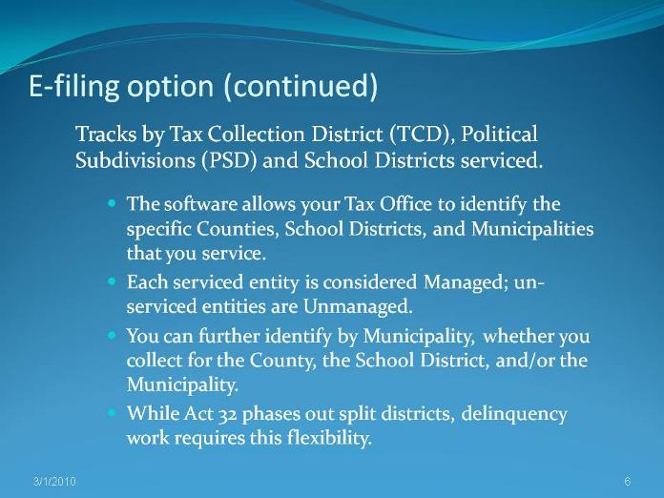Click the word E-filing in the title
point(74,87)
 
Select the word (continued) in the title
point(301,87)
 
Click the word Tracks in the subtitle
point(106,134)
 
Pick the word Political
point(499,134)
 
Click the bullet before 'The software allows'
point(112,203)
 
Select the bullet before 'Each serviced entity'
point(112,280)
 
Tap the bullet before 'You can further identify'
point(112,336)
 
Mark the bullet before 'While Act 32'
point(112,412)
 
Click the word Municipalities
point(532,230)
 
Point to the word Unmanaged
point(358,306)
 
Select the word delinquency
point(513,414)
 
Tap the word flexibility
point(329,438)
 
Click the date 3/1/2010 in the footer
point(54,482)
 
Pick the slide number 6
point(627,482)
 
